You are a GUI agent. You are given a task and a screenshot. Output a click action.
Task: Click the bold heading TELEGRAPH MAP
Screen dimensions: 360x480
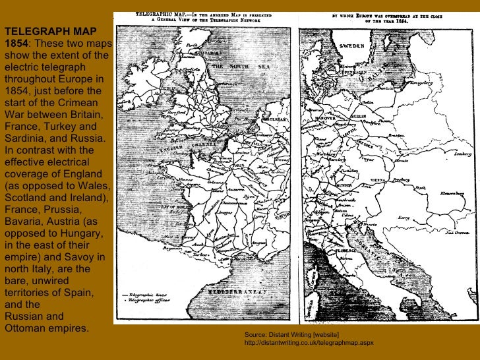51,31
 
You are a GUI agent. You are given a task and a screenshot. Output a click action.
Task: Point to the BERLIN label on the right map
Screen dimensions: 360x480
358,115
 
